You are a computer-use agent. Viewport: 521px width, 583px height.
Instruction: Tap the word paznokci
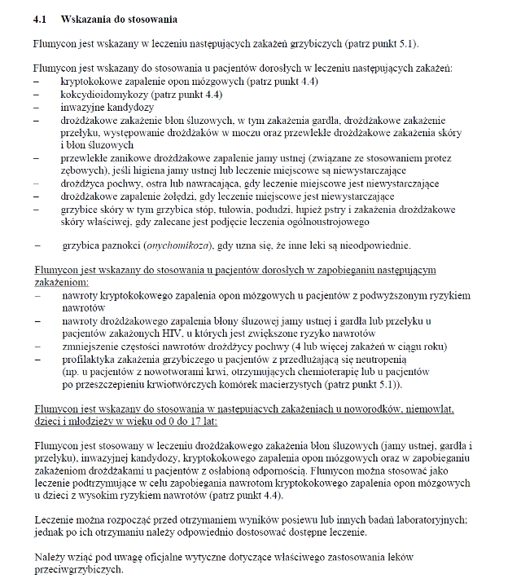(120, 245)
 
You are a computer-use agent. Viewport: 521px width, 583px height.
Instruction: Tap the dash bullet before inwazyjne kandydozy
(37, 107)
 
